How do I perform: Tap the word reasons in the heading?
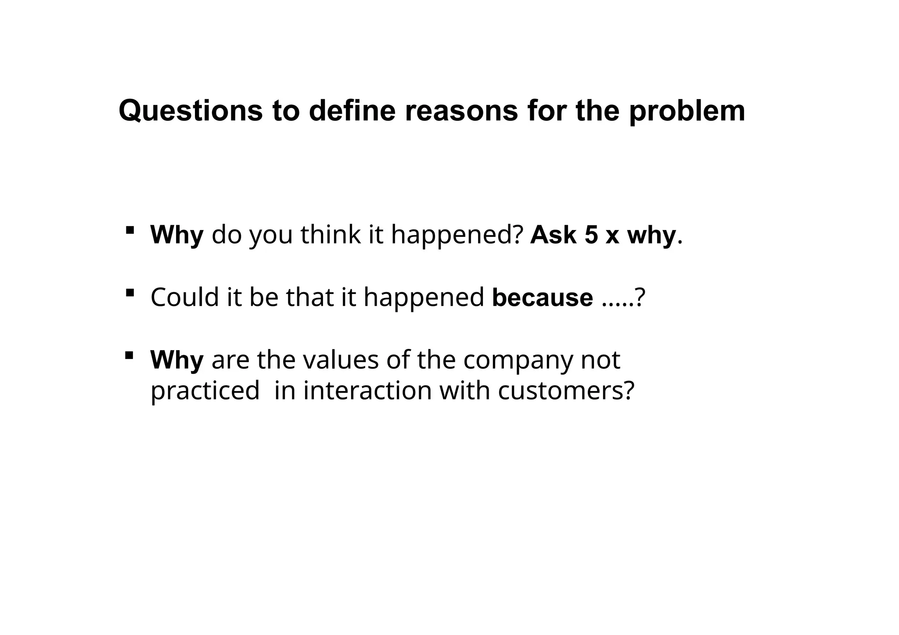[x=461, y=111]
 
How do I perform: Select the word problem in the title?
[x=687, y=111]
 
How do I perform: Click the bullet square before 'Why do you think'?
[x=129, y=230]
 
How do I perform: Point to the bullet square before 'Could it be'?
[x=129, y=293]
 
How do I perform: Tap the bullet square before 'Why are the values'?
[x=129, y=355]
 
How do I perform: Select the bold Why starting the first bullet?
[x=177, y=235]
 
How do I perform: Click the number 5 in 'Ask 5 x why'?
[x=591, y=235]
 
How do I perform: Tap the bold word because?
[x=543, y=297]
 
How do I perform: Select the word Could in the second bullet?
[x=184, y=297]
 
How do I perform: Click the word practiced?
[x=205, y=391]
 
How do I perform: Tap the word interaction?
[x=367, y=391]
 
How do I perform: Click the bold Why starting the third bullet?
[x=177, y=360]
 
